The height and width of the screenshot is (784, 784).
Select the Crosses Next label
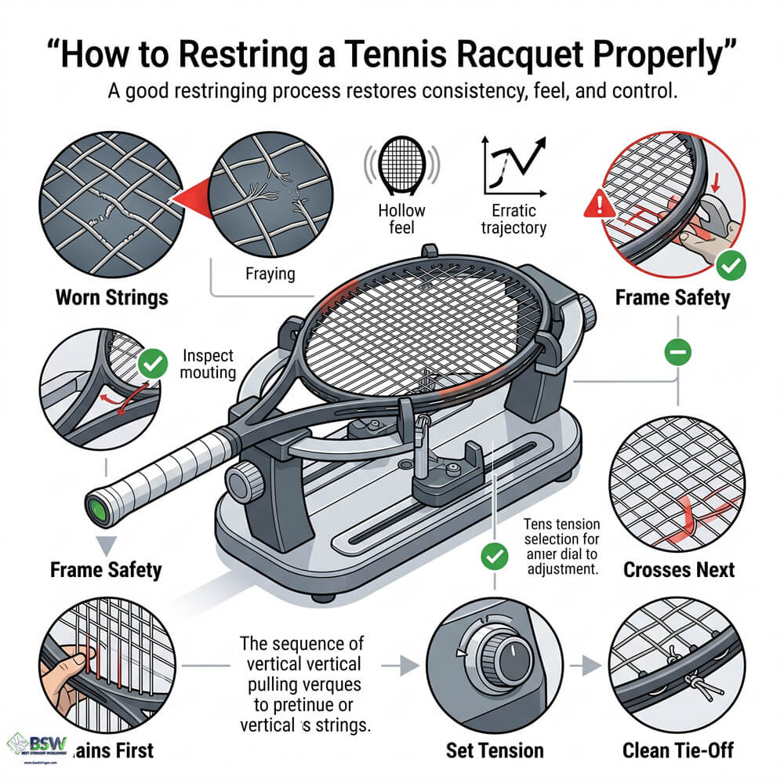679,568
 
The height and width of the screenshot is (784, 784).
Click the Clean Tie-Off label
678,750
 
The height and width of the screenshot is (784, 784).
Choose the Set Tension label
495,750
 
